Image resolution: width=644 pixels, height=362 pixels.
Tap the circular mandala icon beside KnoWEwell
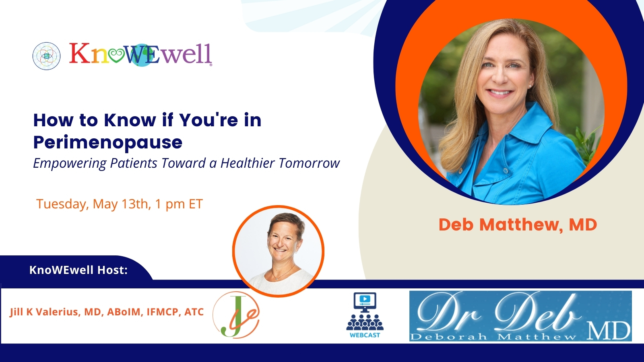click(x=47, y=56)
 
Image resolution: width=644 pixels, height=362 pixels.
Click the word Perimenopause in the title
click(x=108, y=142)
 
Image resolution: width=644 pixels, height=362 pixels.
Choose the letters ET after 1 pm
click(x=196, y=204)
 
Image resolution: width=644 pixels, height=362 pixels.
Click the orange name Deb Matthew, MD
click(x=518, y=225)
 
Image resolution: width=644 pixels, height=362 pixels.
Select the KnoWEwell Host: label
click(x=78, y=270)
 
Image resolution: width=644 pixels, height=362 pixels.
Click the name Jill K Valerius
click(x=45, y=312)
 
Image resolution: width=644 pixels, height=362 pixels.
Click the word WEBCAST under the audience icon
click(x=365, y=335)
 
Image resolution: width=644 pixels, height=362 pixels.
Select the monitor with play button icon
click(x=365, y=302)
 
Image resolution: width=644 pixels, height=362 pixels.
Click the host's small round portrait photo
click(x=278, y=251)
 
